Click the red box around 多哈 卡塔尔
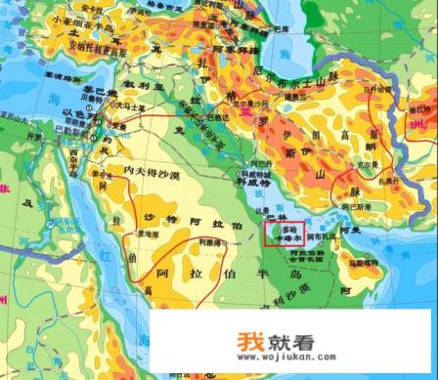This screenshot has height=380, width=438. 284,234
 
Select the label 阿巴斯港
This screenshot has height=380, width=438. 356,208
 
